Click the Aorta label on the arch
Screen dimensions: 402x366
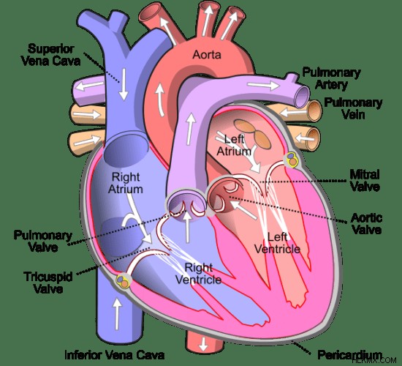coord(207,55)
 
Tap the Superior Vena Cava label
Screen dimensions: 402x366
coord(50,55)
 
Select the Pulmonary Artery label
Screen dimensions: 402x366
coord(332,78)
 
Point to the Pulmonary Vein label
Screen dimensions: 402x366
coord(353,108)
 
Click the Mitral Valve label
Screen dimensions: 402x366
coord(365,181)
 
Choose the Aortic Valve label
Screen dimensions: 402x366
coord(367,223)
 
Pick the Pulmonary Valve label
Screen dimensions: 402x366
coord(43,242)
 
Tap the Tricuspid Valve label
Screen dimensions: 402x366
coord(48,283)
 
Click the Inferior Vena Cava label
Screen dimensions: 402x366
coord(114,355)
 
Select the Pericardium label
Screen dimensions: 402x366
coord(349,355)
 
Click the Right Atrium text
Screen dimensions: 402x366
coord(126,183)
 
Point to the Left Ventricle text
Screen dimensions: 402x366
coord(278,243)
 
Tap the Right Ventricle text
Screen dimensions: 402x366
coord(199,274)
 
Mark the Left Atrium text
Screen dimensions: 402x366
coord(234,146)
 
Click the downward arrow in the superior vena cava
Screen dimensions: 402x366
coord(124,84)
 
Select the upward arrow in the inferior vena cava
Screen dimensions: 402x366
coord(118,314)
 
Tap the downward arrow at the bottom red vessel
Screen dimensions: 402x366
coord(203,344)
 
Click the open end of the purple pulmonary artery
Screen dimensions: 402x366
coord(302,97)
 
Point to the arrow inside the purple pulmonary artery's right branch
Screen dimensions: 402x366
coord(263,85)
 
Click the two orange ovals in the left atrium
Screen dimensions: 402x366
coord(253,134)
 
